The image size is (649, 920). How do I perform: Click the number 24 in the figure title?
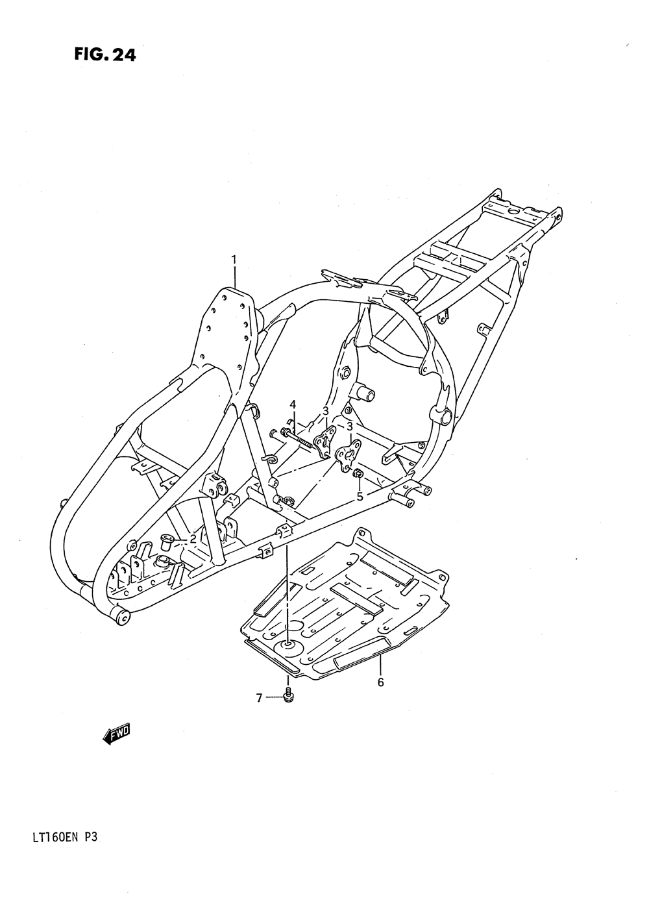(123, 55)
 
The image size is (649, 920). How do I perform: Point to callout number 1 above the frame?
(234, 261)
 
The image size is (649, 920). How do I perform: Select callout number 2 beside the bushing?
(193, 539)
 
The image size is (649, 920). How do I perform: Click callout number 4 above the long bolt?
(293, 404)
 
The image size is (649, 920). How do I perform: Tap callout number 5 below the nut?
(360, 498)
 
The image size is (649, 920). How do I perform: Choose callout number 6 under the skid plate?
(380, 682)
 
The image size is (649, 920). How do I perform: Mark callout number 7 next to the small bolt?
(259, 699)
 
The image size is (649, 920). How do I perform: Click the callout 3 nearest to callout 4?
(325, 411)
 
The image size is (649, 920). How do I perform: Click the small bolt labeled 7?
(289, 697)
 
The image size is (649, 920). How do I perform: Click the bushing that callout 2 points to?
(166, 541)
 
